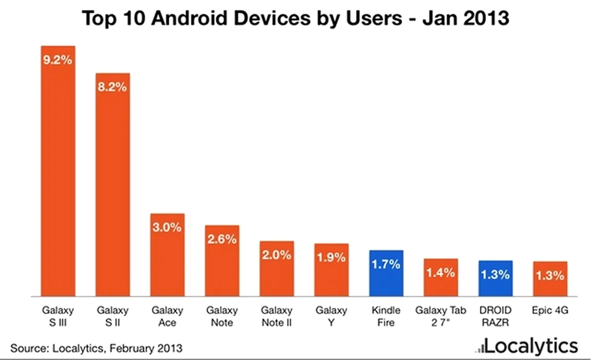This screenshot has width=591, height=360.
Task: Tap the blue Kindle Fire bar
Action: (386, 273)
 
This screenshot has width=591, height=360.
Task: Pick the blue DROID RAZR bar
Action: (495, 278)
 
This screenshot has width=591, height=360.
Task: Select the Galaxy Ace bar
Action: (167, 255)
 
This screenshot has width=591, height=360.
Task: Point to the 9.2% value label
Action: (58, 60)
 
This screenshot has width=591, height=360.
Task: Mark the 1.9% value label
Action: (331, 257)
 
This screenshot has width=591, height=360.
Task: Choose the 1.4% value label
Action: (440, 273)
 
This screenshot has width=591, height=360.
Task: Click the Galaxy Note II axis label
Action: (277, 317)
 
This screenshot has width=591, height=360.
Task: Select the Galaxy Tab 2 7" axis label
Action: (441, 317)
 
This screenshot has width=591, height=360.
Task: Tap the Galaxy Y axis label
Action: (331, 317)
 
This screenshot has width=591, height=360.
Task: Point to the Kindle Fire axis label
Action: (386, 317)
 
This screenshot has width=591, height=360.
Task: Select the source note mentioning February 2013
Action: (96, 348)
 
